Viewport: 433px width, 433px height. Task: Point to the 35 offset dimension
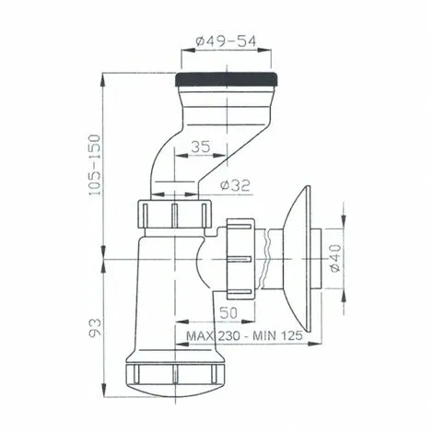click(205, 146)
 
